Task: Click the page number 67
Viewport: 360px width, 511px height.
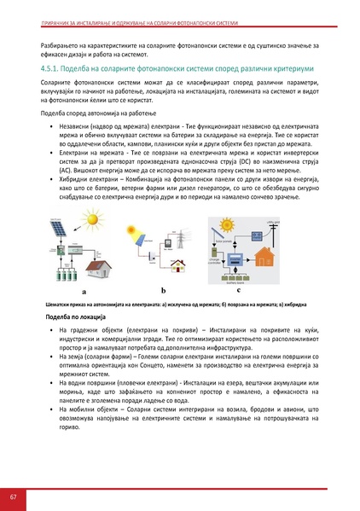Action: click(x=14, y=496)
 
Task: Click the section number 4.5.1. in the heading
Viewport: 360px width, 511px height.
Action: click(x=54, y=65)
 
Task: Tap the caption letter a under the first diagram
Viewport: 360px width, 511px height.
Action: click(x=83, y=292)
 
